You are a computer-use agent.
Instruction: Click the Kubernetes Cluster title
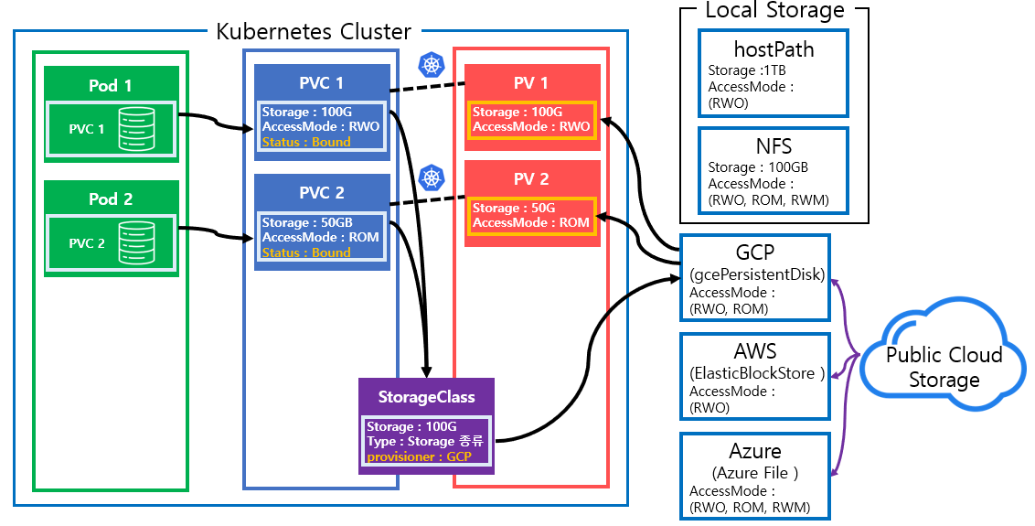click(314, 32)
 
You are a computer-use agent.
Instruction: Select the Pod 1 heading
click(110, 85)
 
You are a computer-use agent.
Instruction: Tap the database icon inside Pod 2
click(134, 243)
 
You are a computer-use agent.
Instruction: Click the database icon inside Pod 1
click(134, 129)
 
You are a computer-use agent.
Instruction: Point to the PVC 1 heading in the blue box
click(322, 83)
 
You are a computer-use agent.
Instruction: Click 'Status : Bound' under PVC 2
click(306, 252)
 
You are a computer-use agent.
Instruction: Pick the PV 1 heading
click(531, 83)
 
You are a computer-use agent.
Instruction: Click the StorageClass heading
click(427, 397)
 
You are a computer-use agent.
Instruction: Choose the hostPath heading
click(774, 49)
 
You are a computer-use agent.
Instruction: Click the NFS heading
click(774, 146)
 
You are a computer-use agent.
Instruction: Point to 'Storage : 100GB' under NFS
click(758, 167)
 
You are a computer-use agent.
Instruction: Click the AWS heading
click(755, 352)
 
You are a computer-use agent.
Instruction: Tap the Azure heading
click(755, 452)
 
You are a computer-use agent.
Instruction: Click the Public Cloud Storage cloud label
click(944, 367)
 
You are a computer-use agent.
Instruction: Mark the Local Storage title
click(774, 11)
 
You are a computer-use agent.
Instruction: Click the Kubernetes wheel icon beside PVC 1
click(431, 64)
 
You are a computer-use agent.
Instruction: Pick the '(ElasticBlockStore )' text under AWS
click(757, 373)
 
